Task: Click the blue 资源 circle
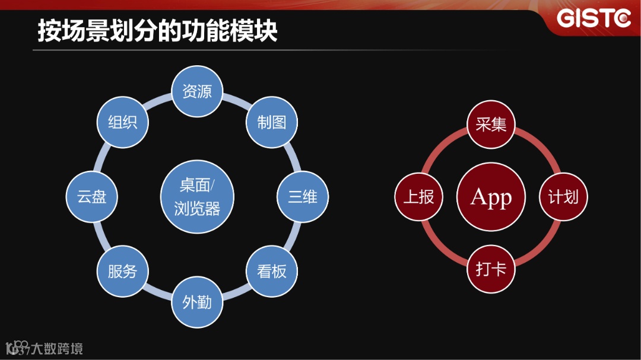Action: (x=196, y=91)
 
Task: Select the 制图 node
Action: (x=272, y=122)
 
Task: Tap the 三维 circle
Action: (x=303, y=197)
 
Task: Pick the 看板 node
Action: (x=272, y=272)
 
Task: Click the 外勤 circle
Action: (x=196, y=302)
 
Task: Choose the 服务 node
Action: (x=122, y=272)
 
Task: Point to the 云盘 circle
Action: (x=91, y=197)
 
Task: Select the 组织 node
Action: (x=122, y=122)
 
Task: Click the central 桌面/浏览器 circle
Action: (x=197, y=197)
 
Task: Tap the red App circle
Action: (x=491, y=197)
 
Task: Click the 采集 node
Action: (x=491, y=125)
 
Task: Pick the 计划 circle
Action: (x=563, y=197)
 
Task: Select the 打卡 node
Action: (x=491, y=269)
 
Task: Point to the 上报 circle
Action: (x=418, y=197)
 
